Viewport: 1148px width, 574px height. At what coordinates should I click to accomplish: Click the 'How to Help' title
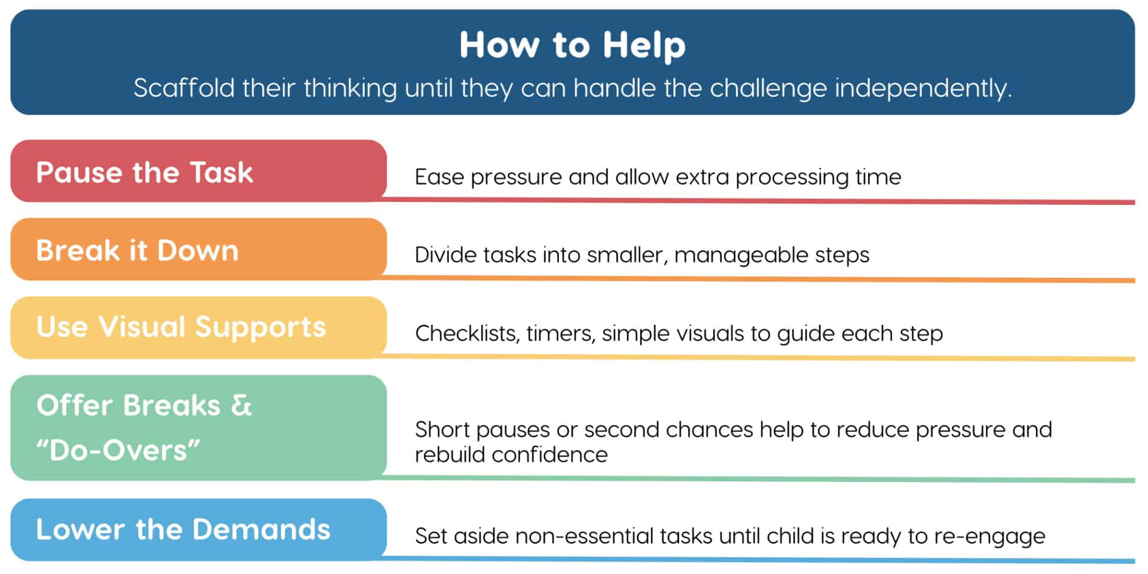click(572, 45)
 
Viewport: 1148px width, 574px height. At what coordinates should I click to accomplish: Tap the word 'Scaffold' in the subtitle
click(184, 88)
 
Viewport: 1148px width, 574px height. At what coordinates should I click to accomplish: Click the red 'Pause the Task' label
click(145, 172)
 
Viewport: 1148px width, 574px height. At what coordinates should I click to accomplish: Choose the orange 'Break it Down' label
click(138, 250)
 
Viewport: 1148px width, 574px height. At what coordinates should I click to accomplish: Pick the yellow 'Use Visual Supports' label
click(181, 327)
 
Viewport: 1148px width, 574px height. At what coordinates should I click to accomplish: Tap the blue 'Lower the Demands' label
click(183, 529)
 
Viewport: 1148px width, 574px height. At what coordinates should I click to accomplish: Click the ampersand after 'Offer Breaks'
click(242, 405)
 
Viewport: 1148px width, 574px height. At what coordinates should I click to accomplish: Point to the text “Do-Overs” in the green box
click(118, 450)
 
